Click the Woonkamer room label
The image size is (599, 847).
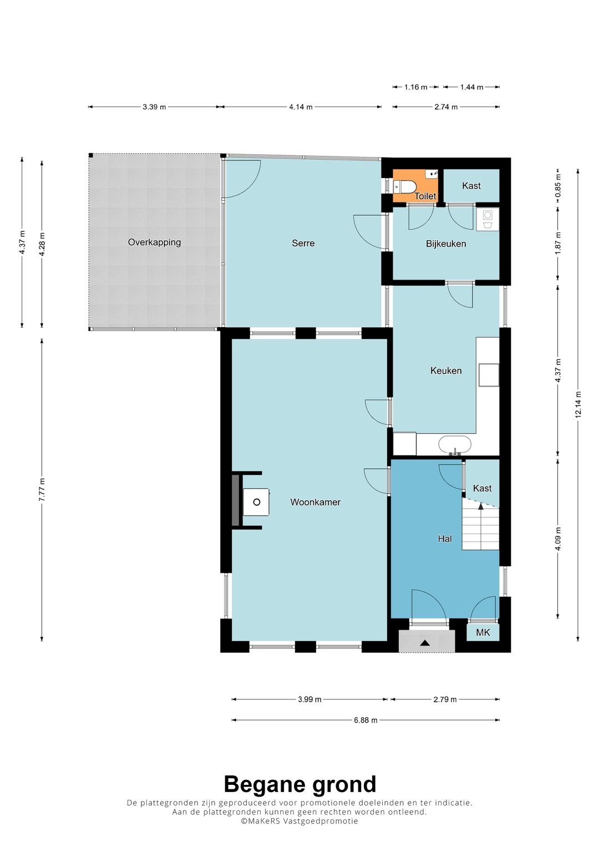click(315, 502)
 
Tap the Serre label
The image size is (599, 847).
click(303, 243)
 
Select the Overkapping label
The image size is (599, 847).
click(154, 242)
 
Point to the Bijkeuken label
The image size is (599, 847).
click(446, 244)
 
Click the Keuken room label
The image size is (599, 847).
click(446, 371)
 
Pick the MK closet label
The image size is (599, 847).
click(483, 632)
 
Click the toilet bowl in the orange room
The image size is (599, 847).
click(405, 186)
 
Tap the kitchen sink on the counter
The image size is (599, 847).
click(455, 445)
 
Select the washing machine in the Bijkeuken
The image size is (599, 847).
click(488, 220)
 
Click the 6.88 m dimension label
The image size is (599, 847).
click(366, 721)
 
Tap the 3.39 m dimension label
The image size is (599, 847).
click(154, 107)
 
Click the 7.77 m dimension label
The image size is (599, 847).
click(42, 490)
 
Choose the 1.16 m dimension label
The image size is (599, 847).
click(415, 87)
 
